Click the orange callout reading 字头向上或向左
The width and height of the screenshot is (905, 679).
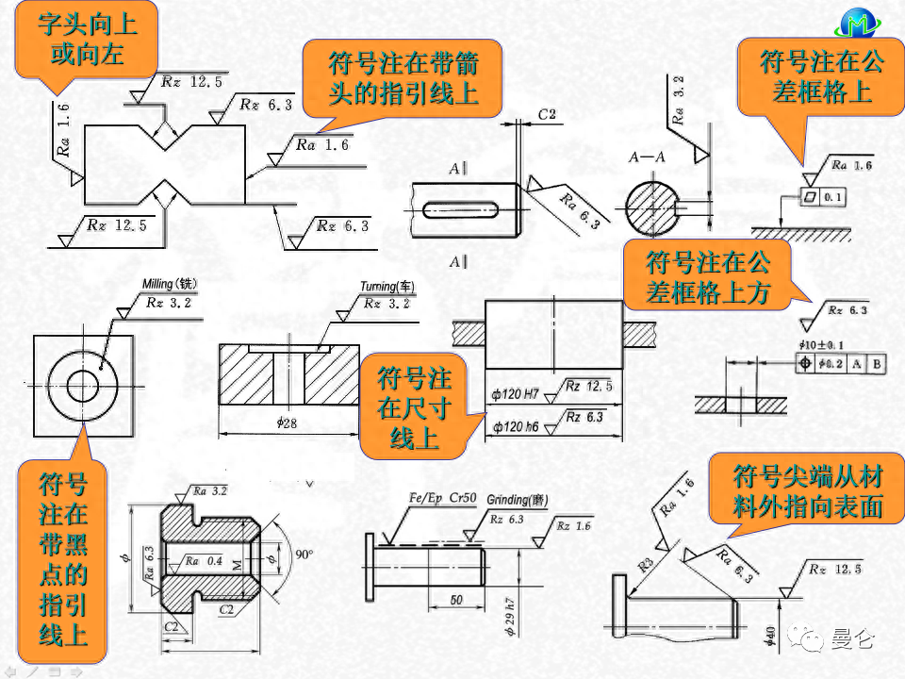coord(86,40)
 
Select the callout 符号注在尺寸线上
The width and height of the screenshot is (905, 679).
coord(414,407)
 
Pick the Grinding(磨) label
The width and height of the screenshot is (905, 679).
coord(518,501)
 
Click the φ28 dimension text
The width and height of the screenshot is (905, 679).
coord(288,423)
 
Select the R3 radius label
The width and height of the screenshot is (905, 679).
coord(646,565)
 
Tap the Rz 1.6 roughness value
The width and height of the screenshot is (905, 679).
coord(574,526)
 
